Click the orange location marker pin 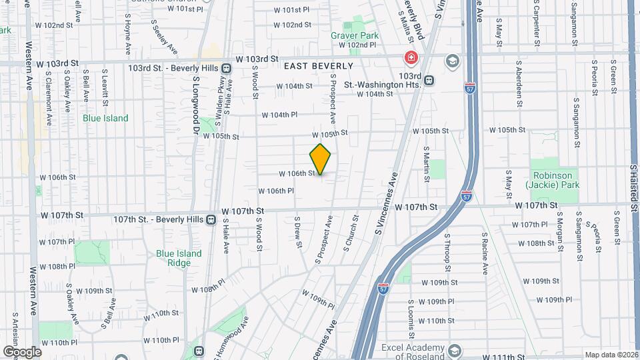tap(321, 159)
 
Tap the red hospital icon tap(410, 59)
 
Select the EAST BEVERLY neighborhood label tap(318, 66)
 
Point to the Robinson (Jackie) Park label tap(552, 180)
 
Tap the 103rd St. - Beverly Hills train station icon tap(227, 68)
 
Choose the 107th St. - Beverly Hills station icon tap(211, 219)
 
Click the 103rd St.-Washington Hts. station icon tap(429, 80)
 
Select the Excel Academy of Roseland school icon tap(455, 350)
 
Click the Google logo tap(22, 351)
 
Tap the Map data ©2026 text tap(611, 354)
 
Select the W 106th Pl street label tap(276, 191)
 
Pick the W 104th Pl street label tap(279, 115)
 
